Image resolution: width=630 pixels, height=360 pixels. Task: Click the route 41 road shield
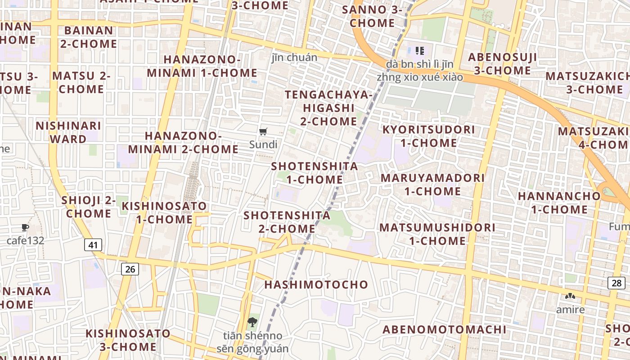[93, 245]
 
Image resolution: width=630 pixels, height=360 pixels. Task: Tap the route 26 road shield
[130, 270]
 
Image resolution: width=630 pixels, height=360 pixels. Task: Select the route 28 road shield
[616, 283]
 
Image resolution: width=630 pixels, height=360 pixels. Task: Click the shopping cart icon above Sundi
[263, 132]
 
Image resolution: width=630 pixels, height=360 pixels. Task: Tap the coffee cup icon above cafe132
[25, 228]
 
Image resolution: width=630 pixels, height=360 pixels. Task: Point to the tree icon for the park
[252, 322]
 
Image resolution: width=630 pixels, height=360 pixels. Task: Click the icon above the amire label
[570, 297]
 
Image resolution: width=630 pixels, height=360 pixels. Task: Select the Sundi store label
[263, 145]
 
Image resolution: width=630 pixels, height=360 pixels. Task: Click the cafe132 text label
[25, 241]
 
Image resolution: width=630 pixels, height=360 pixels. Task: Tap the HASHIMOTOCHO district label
[316, 285]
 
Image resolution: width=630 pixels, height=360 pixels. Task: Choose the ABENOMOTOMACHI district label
[444, 329]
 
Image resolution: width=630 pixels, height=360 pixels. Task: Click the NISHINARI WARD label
[68, 132]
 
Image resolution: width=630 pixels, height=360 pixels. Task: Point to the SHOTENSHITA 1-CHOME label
[315, 173]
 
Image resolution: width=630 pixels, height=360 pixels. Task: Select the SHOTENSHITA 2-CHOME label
[287, 222]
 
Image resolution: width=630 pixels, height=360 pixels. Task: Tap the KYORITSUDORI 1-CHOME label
[428, 136]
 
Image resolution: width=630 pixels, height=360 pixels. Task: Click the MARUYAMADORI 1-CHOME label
[432, 184]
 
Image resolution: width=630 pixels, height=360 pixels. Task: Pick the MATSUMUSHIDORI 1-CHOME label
[437, 234]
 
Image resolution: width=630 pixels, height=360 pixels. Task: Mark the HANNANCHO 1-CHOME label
[559, 203]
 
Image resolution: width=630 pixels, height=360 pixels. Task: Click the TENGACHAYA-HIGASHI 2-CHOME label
[329, 108]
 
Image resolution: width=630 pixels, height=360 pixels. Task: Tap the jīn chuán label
[294, 57]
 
